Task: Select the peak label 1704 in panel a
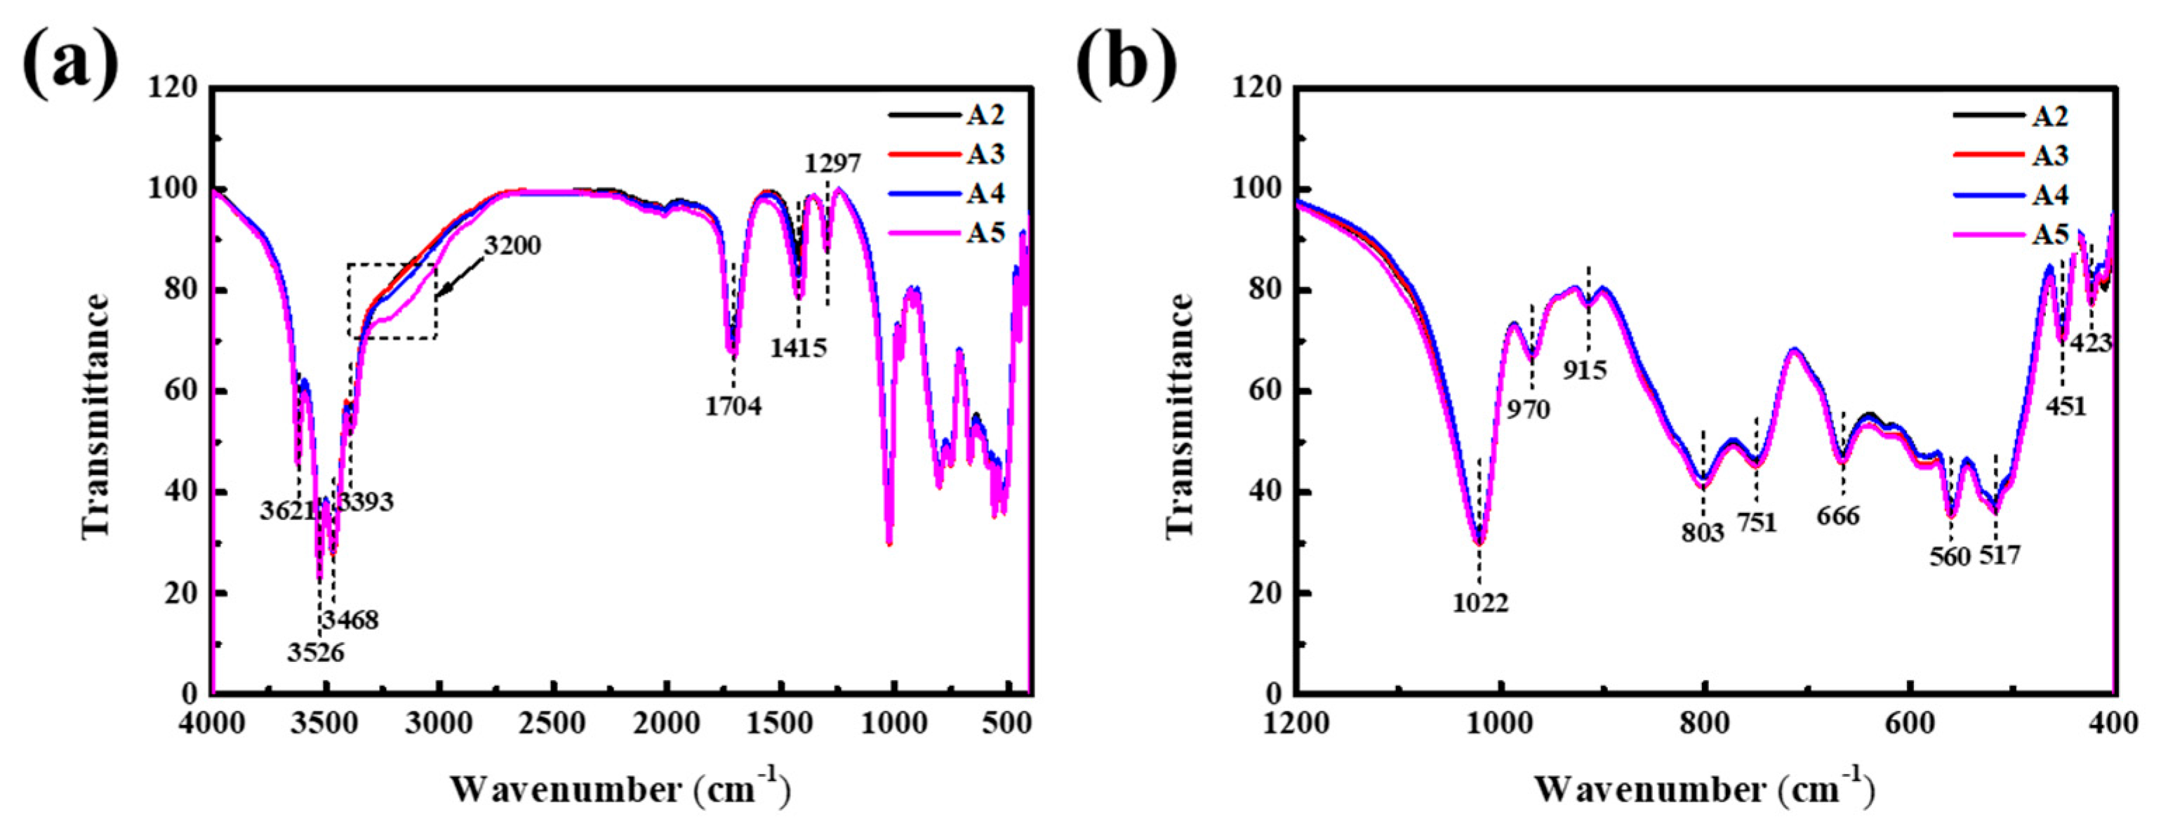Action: coord(733,406)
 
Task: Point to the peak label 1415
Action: coord(799,347)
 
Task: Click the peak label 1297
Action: coord(832,163)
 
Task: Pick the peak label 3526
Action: coord(315,652)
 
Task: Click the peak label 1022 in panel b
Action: coord(1481,602)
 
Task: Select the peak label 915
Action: coord(1585,369)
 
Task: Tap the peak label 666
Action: coord(1838,515)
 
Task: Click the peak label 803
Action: coord(1702,532)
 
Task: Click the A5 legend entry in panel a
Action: coord(985,232)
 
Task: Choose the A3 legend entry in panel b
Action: coord(2049,156)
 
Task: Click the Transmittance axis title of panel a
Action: coord(95,416)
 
